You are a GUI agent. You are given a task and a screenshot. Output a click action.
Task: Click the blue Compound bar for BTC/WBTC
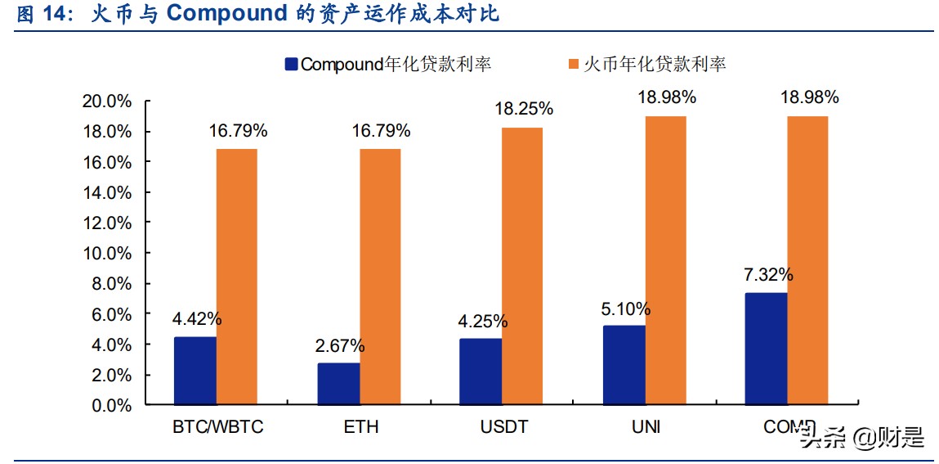tap(195, 371)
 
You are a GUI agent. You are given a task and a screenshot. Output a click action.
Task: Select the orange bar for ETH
tap(380, 277)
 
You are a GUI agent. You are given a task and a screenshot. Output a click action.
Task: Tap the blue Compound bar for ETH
tap(338, 384)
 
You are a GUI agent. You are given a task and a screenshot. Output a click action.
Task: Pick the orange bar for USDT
tap(522, 266)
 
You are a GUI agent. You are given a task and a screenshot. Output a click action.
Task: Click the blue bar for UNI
tap(624, 365)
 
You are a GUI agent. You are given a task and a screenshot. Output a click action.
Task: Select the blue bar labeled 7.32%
tap(767, 349)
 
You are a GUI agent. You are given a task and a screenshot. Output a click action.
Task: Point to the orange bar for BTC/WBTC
tap(237, 277)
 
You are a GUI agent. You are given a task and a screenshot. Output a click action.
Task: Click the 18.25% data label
tap(523, 109)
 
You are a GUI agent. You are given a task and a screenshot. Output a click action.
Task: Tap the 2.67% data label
tap(340, 345)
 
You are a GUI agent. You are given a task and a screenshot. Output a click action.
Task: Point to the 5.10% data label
tap(626, 309)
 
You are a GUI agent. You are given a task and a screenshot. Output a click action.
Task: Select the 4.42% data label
tap(196, 319)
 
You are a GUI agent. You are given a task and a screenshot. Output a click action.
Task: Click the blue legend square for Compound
tap(291, 65)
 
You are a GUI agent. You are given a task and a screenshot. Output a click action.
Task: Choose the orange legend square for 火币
tap(573, 65)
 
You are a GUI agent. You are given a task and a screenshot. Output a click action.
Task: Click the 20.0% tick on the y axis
tap(107, 101)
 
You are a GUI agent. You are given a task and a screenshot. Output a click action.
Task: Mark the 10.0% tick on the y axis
tap(107, 254)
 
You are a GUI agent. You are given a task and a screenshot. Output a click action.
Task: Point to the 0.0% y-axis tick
tap(111, 405)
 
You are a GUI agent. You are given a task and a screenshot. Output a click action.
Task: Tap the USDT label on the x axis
tap(504, 427)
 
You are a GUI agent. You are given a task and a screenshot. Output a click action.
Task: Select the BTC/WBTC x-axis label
tap(218, 427)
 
